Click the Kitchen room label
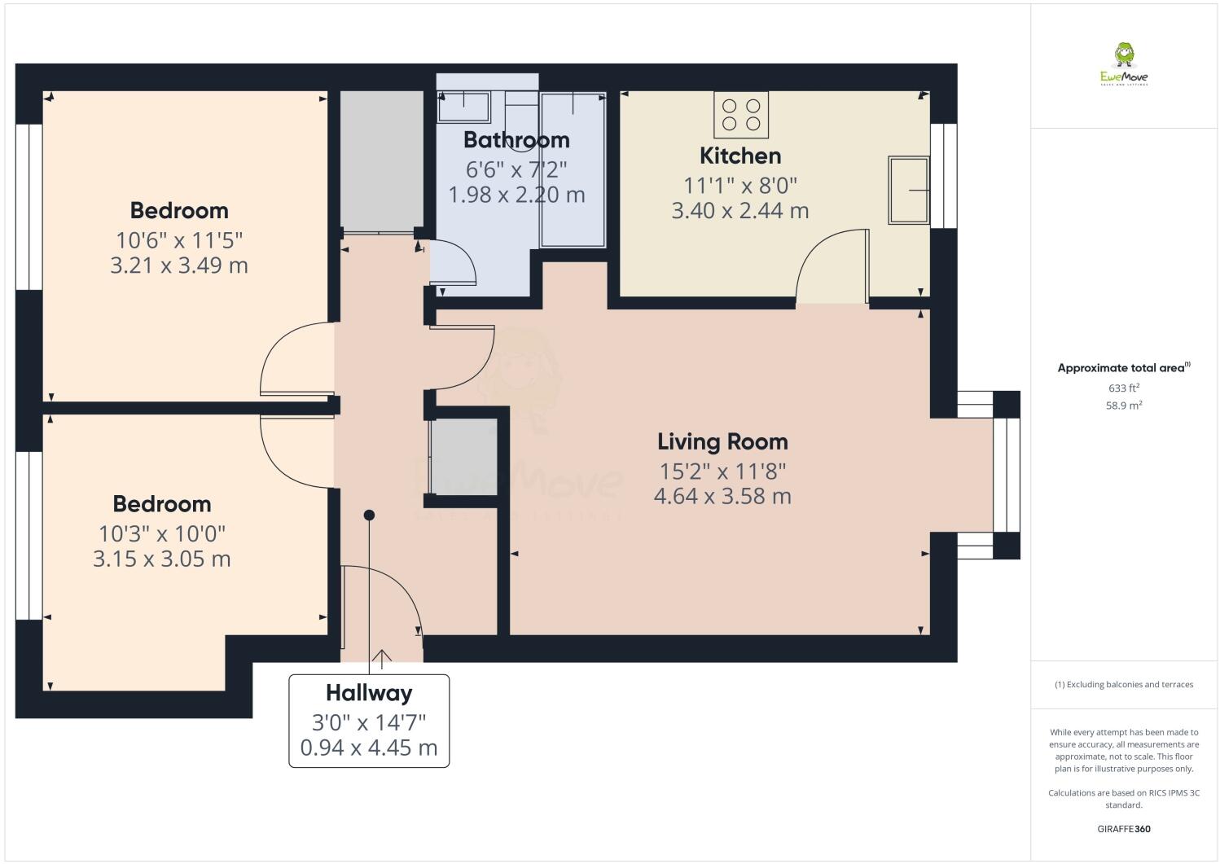point(739,156)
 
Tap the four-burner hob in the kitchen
point(741,115)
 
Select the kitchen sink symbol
point(908,190)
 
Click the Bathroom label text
point(516,140)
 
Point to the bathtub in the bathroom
point(573,169)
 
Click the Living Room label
point(722,442)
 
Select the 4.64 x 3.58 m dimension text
point(722,496)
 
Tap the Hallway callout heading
point(369,693)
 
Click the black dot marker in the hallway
point(369,515)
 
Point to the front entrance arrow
point(381,657)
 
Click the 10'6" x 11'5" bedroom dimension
point(179,240)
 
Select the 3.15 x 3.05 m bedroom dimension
point(161,559)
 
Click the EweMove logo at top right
point(1124,65)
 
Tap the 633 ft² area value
point(1123,388)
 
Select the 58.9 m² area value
point(1123,405)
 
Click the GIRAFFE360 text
point(1124,829)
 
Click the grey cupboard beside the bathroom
point(381,160)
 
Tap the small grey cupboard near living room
point(463,456)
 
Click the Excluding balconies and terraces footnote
point(1124,684)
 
